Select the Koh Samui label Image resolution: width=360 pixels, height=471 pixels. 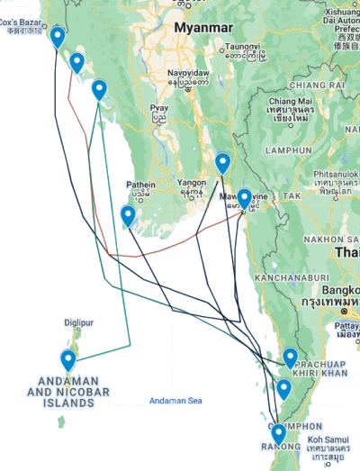click(327, 437)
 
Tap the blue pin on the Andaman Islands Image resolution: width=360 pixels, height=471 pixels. click(68, 359)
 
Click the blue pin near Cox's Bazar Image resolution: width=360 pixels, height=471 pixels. click(58, 37)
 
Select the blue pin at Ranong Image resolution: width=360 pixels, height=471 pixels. click(278, 434)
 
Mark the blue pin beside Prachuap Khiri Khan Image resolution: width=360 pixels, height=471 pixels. click(290, 358)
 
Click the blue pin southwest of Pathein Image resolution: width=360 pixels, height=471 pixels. click(128, 215)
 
